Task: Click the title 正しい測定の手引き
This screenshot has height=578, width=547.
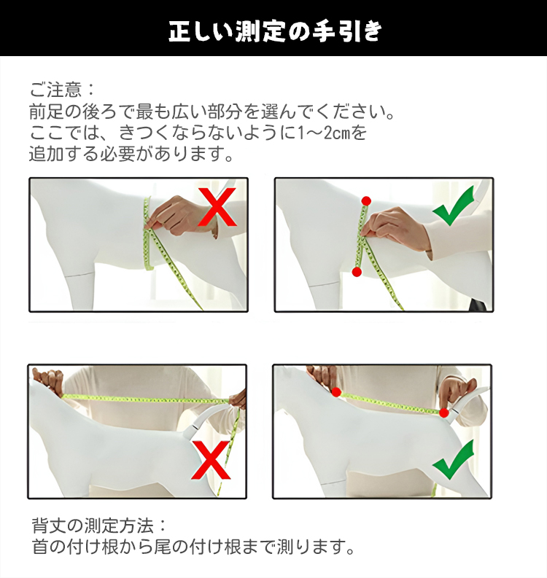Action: coord(275,31)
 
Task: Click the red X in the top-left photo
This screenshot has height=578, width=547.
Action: coord(217,207)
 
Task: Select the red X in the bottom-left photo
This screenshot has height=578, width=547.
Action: coord(211,461)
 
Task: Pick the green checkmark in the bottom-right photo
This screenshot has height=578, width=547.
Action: coord(453,460)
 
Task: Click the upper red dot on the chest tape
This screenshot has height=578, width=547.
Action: coord(366,201)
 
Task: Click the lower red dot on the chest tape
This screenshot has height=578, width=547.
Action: coord(357,272)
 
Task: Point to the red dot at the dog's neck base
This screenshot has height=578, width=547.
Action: coord(336,392)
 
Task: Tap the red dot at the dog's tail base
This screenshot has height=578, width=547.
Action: coord(444,413)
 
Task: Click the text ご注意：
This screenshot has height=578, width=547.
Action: coord(62,90)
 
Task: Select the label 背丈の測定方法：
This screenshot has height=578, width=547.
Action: coord(99,526)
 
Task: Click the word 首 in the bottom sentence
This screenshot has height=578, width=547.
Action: coord(40,547)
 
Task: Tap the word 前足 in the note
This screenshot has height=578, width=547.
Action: coord(47,112)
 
